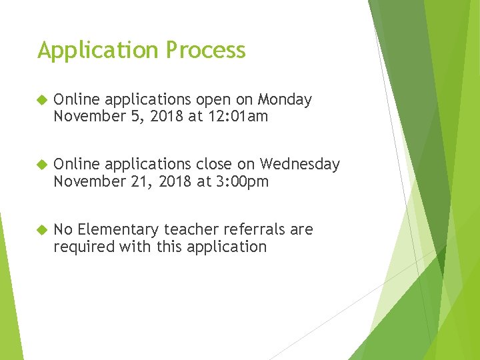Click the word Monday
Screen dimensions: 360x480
pos(285,100)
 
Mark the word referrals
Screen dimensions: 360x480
pos(254,229)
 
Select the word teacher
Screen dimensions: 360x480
pos(191,229)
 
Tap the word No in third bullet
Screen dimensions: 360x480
pos(63,229)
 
